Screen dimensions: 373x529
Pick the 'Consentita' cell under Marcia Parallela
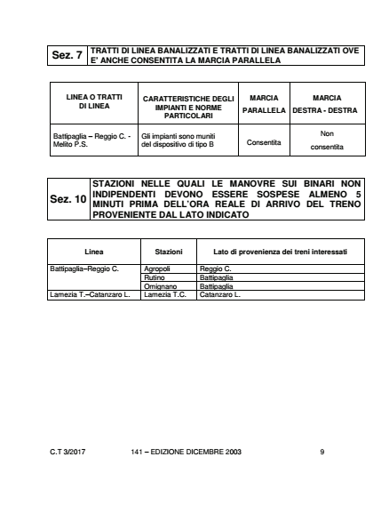[x=264, y=165]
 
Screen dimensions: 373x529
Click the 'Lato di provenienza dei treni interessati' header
[x=268, y=228]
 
